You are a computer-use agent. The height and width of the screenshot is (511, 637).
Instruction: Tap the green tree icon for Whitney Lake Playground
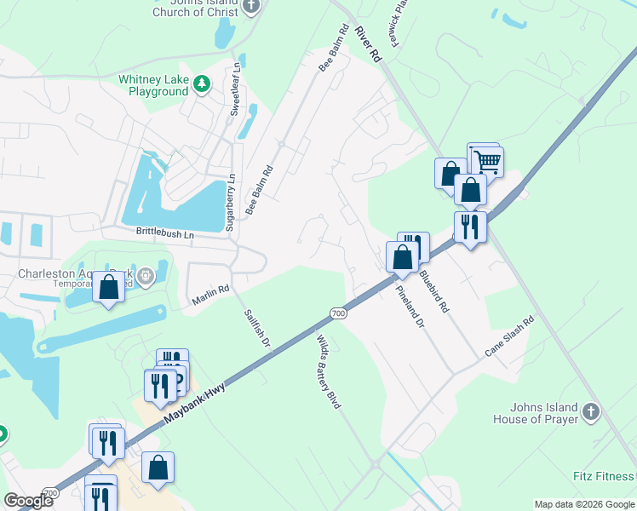click(202, 83)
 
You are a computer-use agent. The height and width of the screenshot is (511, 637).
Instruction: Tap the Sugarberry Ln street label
click(230, 203)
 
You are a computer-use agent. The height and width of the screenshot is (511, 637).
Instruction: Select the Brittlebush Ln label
click(165, 232)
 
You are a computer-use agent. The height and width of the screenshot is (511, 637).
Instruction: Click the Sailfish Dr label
click(256, 326)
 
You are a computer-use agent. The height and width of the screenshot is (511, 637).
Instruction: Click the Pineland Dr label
click(410, 307)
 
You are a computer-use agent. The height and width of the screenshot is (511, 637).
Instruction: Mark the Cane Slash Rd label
click(509, 337)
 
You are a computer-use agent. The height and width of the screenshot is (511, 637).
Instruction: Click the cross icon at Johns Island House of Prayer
click(591, 413)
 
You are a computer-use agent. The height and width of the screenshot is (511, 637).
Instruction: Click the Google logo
click(29, 501)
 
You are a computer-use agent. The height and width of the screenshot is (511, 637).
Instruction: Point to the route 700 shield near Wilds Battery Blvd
click(338, 313)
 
